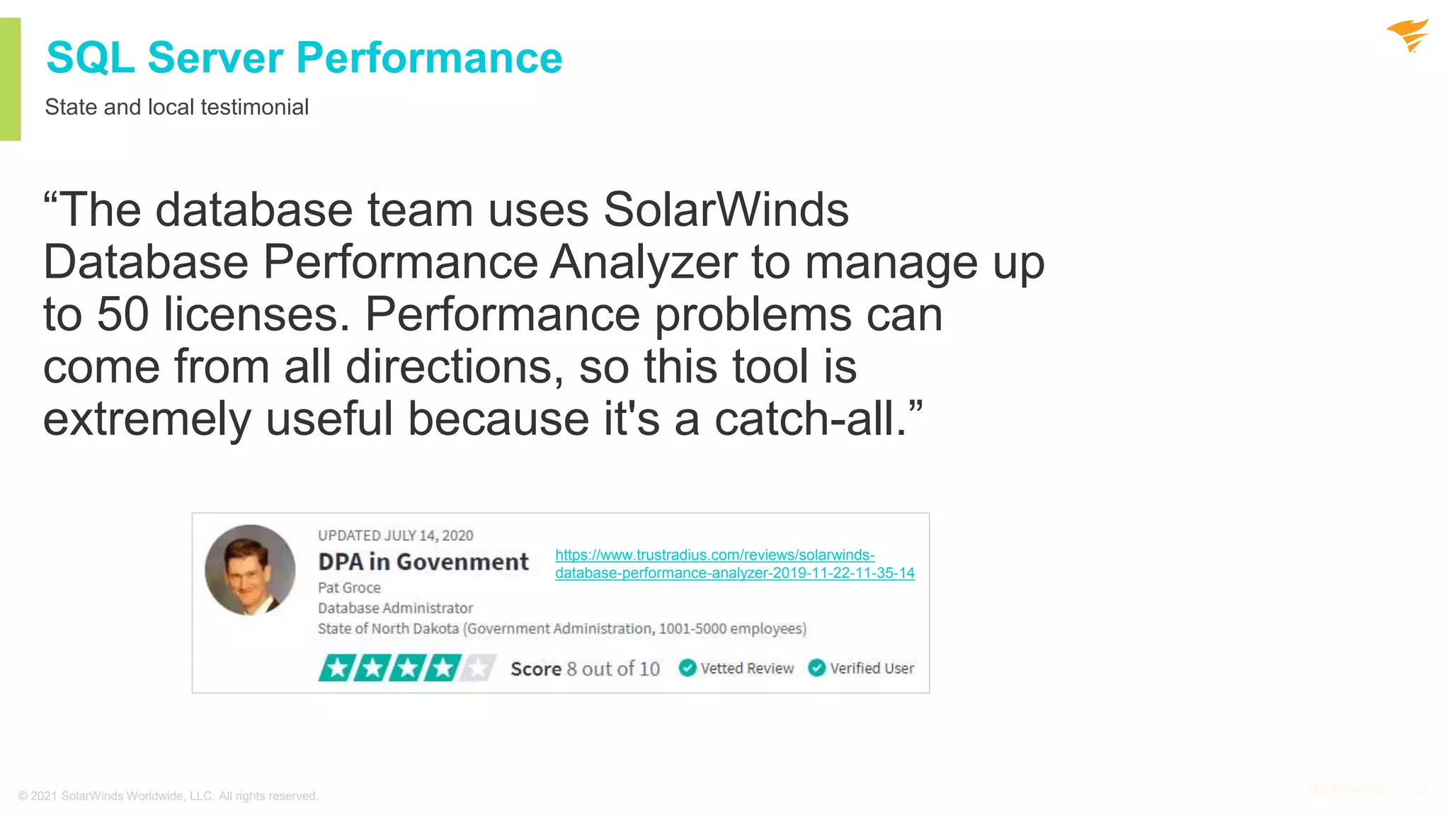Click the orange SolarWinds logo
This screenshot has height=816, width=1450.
pyautogui.click(x=1408, y=35)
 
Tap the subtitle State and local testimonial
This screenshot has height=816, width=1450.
pyautogui.click(x=176, y=107)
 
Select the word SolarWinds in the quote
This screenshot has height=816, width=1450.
pyautogui.click(x=726, y=210)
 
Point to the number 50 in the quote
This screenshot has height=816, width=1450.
pyautogui.click(x=122, y=314)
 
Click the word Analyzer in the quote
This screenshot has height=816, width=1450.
pyautogui.click(x=644, y=262)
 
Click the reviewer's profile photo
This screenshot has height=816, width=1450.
pyautogui.click(x=250, y=569)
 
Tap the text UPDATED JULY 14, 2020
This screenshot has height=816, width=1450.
pyautogui.click(x=395, y=535)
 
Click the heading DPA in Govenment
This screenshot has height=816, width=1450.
pyautogui.click(x=423, y=562)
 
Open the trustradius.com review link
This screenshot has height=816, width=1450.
pyautogui.click(x=734, y=564)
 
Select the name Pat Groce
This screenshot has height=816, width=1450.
pyautogui.click(x=349, y=587)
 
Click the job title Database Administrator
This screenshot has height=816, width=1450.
pyautogui.click(x=395, y=608)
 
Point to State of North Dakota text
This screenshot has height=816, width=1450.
pyautogui.click(x=388, y=628)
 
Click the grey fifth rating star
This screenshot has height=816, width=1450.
pyautogui.click(x=479, y=668)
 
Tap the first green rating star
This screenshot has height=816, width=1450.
pyautogui.click(x=337, y=668)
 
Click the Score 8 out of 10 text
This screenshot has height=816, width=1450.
pyautogui.click(x=585, y=669)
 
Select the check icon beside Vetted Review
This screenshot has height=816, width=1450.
pyautogui.click(x=687, y=668)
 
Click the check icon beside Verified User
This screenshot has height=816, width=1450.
pyautogui.click(x=816, y=668)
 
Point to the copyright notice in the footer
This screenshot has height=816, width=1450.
pyautogui.click(x=169, y=796)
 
